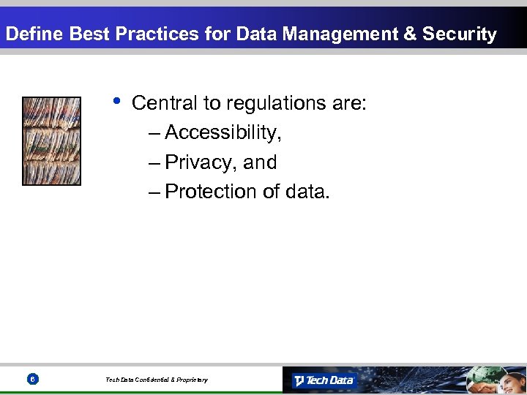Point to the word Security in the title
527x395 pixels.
pos(459,34)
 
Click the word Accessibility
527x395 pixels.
pos(223,133)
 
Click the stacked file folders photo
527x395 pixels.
pos(51,140)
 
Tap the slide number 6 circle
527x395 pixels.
pos(32,380)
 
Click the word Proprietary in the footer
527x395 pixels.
pos(190,380)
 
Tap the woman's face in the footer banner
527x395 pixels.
pos(512,377)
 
